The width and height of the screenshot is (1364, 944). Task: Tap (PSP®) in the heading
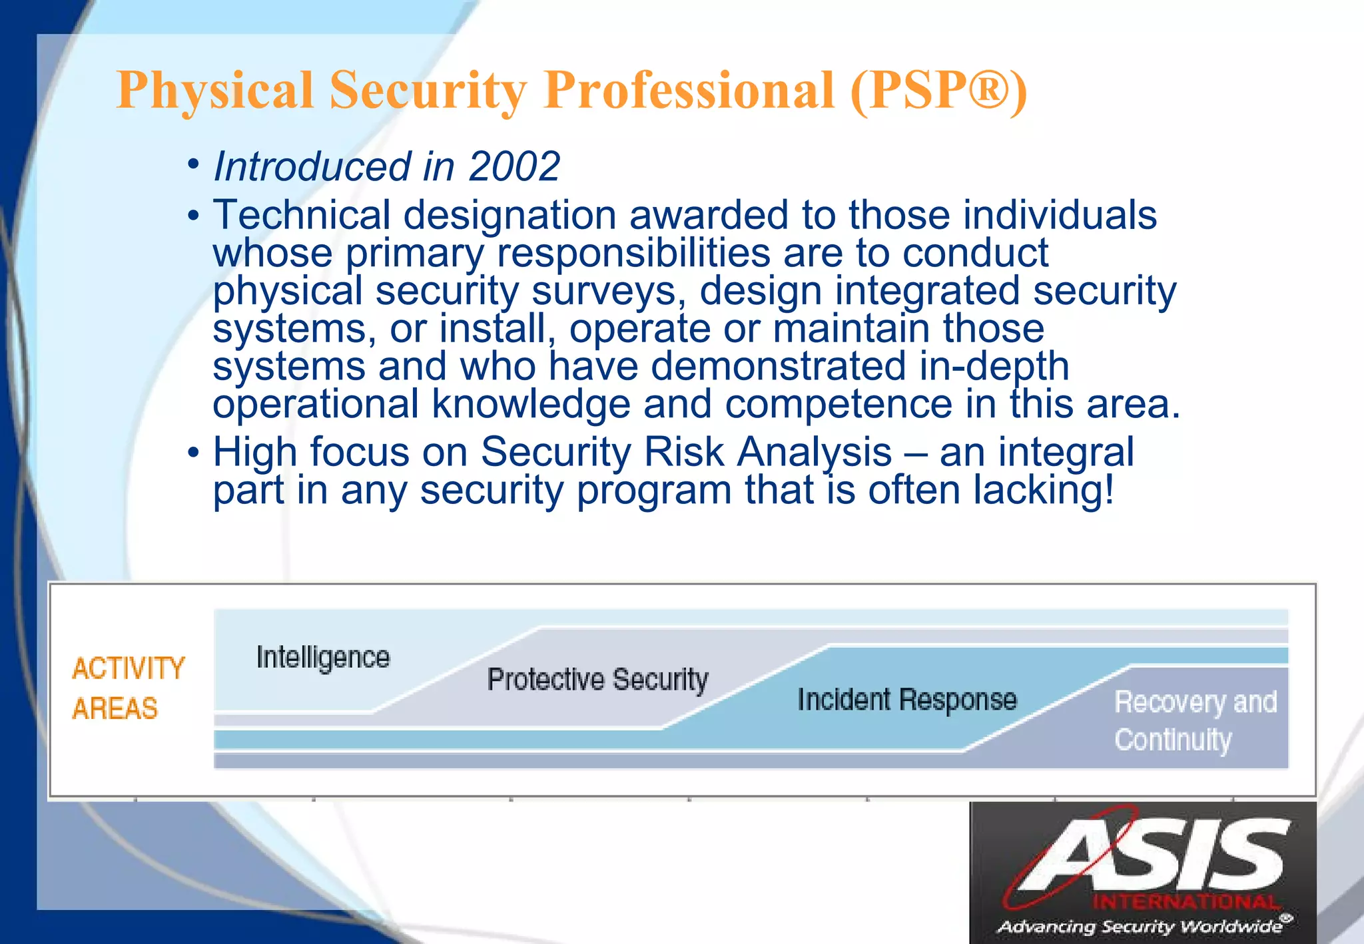[x=938, y=91]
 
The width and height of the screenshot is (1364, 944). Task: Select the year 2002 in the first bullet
[x=514, y=166]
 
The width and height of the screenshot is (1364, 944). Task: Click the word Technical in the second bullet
[x=302, y=216]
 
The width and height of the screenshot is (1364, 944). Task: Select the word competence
[x=839, y=404]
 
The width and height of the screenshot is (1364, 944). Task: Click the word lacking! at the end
[x=1043, y=490]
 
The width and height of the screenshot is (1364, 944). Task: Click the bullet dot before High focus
[x=193, y=453]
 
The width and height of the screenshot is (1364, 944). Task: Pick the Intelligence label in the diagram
[x=323, y=658]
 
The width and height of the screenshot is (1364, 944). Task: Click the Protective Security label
[x=597, y=680]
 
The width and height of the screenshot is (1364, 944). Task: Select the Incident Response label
[x=907, y=700]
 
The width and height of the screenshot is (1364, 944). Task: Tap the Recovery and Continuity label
[x=1195, y=721]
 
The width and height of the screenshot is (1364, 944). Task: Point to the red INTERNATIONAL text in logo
[x=1186, y=903]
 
